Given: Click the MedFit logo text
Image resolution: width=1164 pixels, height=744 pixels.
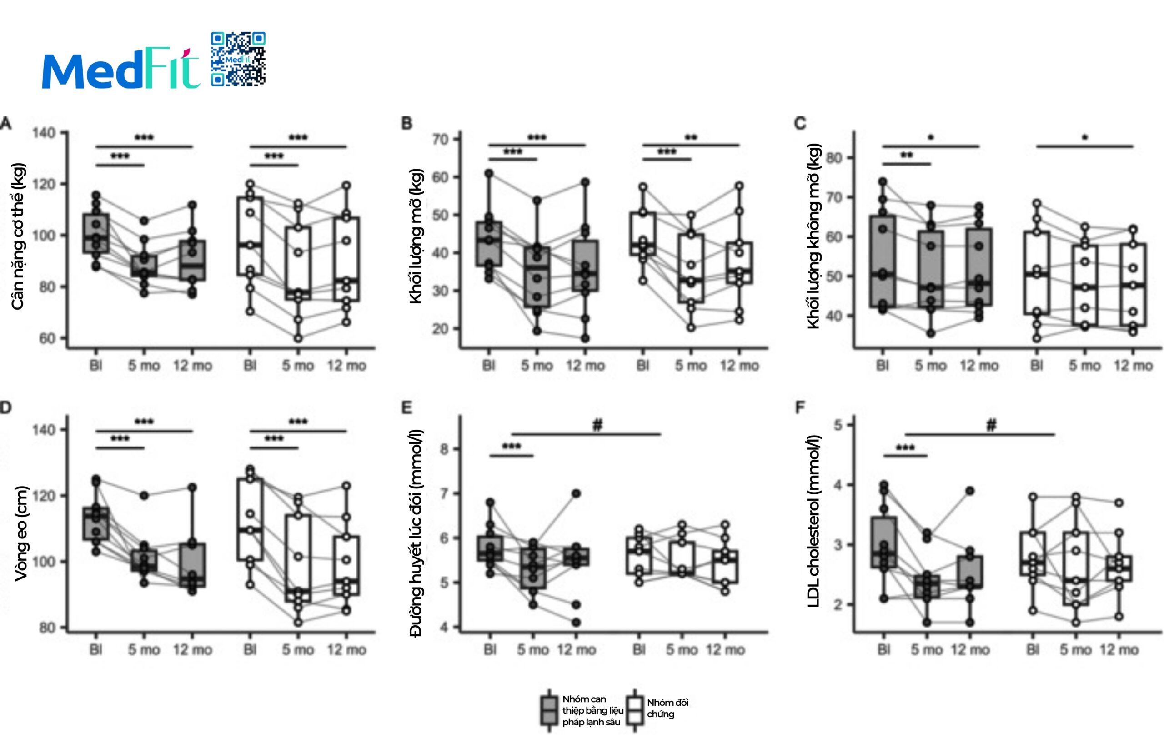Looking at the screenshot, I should coord(121,69).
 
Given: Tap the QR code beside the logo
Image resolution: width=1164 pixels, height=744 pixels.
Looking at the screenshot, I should coord(238,60).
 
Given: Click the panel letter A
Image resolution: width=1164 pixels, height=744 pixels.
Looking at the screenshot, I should coord(6,124).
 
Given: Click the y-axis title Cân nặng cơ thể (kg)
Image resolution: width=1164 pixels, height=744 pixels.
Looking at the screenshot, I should coord(18,236).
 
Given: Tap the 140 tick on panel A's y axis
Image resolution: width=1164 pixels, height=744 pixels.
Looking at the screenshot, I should coord(44,133).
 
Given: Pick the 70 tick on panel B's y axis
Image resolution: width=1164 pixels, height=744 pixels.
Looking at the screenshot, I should coord(441,140).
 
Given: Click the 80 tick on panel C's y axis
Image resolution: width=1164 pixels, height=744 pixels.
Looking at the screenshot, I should coord(834,158).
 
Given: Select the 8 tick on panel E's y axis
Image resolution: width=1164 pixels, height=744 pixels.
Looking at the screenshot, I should coord(444,449).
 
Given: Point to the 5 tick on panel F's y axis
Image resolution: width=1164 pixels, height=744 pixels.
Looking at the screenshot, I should coord(839,425).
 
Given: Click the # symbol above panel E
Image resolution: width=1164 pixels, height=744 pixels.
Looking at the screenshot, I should coord(597,425).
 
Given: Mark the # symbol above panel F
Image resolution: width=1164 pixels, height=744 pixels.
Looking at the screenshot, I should coord(991,425).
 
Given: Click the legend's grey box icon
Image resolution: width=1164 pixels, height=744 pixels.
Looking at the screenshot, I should coord(549,710).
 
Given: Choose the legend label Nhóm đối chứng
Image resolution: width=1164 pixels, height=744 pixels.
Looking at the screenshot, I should coord(667,708).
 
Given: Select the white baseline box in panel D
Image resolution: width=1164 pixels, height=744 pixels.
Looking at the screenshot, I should coord(250,520).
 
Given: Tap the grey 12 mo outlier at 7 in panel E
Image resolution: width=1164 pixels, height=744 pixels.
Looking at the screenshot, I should coord(576,493).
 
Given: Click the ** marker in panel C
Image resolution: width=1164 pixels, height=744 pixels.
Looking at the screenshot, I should coord(907,155).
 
